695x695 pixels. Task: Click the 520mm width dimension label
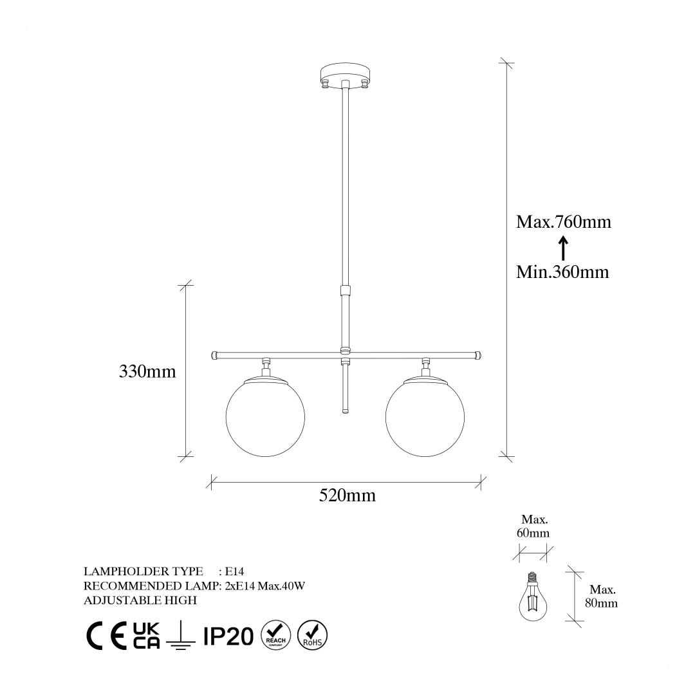tap(347, 495)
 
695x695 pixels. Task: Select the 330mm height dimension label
tap(147, 371)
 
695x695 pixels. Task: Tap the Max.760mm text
tap(563, 221)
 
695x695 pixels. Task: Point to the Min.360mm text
tap(562, 272)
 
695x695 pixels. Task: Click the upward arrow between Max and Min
tap(563, 248)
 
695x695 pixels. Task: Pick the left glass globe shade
tap(265, 416)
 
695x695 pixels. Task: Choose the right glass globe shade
tap(425, 416)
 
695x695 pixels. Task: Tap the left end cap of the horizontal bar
tap(214, 355)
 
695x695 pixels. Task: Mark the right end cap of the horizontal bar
tap(477, 355)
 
